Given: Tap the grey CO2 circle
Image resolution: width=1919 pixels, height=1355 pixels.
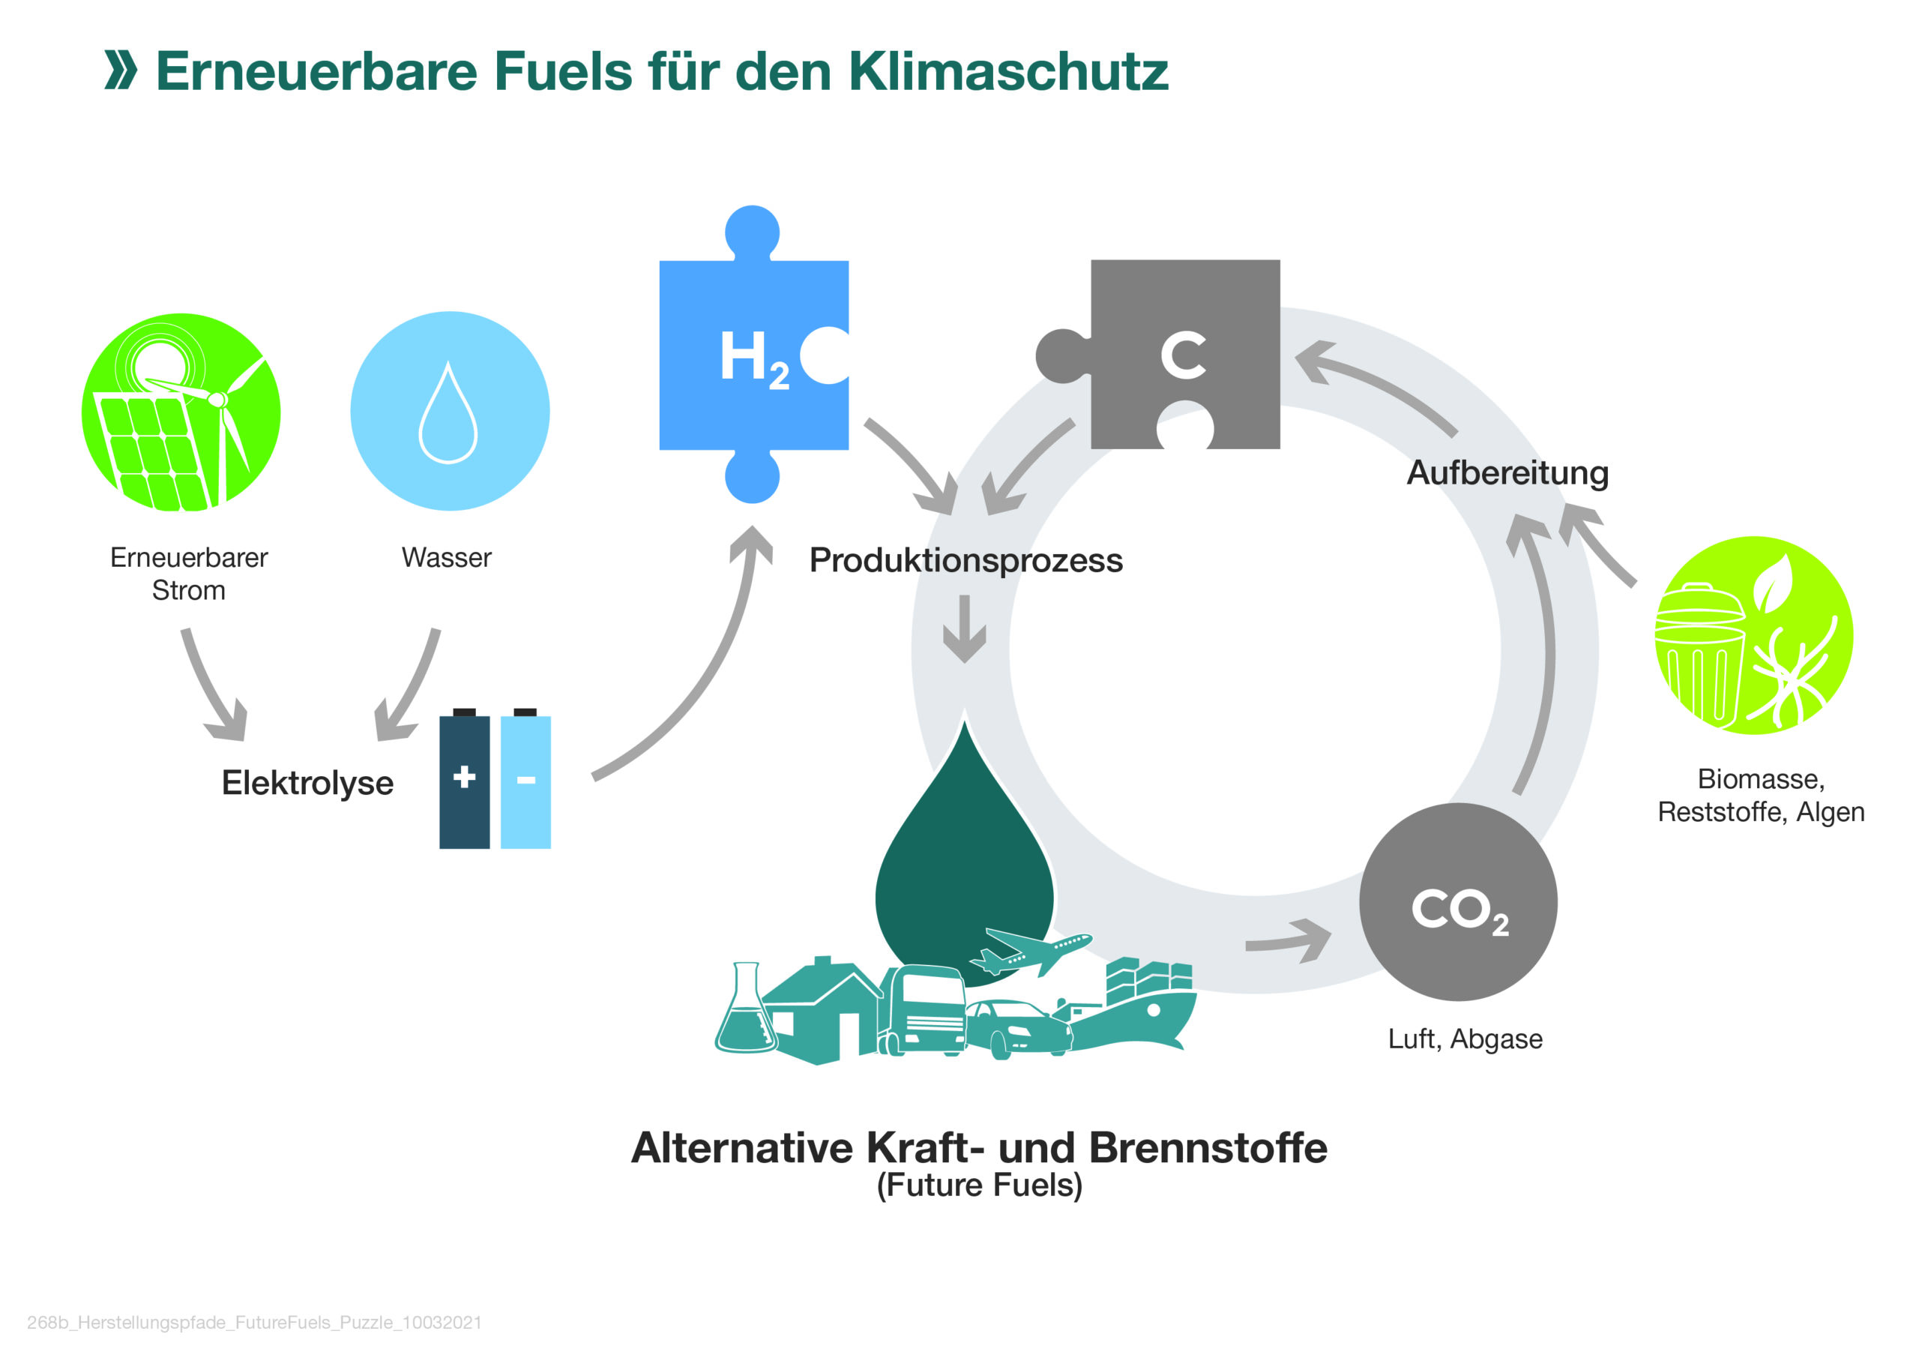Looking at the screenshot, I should (1458, 902).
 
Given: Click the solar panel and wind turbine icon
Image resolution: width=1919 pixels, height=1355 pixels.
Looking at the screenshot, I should (181, 413).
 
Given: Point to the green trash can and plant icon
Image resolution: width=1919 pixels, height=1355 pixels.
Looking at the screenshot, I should (1753, 635).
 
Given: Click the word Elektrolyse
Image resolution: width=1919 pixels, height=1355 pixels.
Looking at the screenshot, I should (307, 784).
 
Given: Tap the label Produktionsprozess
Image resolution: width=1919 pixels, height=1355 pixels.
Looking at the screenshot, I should (965, 560).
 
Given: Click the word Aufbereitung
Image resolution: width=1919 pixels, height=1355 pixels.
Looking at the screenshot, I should (1507, 473).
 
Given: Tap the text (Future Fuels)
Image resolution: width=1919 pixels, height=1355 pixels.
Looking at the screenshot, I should (979, 1185).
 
